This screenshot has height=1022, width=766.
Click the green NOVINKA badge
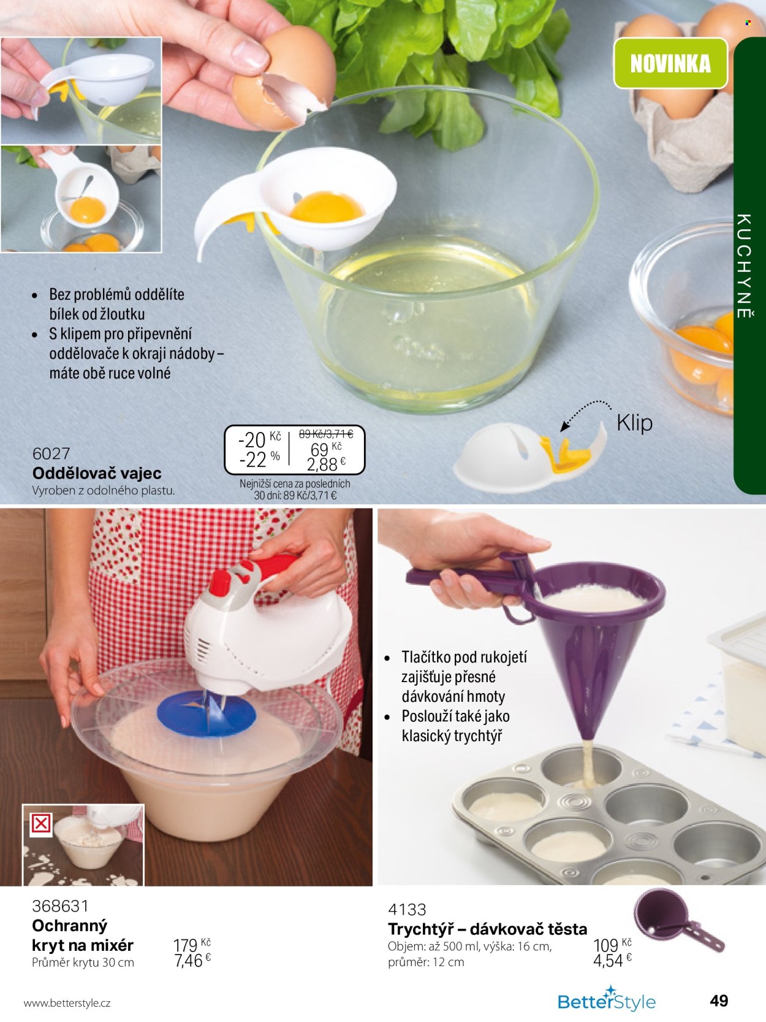tap(670, 63)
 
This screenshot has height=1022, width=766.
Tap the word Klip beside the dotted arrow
tap(634, 423)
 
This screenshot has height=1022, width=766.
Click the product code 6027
tap(51, 453)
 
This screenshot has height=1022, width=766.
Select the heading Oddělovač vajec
tap(97, 473)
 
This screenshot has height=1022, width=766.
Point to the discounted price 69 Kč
tap(325, 449)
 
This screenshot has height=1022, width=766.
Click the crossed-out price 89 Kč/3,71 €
tap(325, 434)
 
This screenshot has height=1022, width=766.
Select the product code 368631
tap(60, 905)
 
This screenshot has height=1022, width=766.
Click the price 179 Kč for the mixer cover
tap(192, 945)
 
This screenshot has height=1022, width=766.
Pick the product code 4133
tap(407, 909)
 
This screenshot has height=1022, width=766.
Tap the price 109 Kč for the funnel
tap(612, 945)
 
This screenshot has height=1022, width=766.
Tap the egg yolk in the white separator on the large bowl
tap(327, 207)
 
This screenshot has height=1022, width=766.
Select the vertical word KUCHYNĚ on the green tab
tap(745, 266)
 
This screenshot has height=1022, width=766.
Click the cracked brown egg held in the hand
tap(284, 77)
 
